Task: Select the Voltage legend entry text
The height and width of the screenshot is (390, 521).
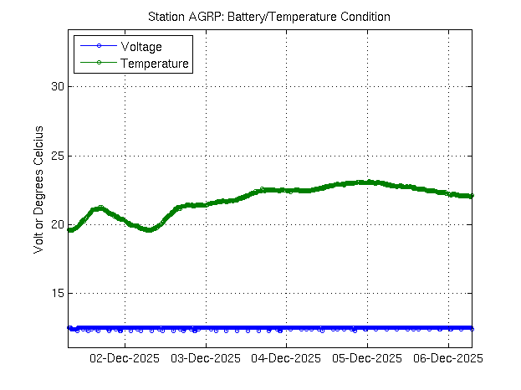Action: pos(141,47)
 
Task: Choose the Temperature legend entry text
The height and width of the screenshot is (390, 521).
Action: pos(155,63)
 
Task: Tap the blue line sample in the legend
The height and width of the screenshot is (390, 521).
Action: pos(98,47)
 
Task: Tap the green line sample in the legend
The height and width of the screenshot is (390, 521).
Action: pos(98,63)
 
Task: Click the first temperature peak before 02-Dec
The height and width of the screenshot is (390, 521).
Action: pos(100,208)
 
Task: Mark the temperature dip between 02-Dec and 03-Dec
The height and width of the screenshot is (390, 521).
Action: pos(149,229)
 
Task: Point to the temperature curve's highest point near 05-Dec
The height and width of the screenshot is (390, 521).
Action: pos(365,182)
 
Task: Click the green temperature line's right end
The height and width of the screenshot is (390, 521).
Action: pos(472,196)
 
